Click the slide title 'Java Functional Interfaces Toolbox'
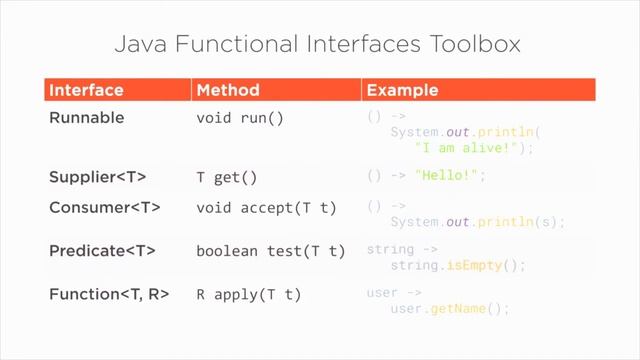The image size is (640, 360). point(319,44)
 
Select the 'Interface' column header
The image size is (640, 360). point(87,90)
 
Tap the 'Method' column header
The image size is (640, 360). point(228,90)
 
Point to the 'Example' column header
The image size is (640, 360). point(401,90)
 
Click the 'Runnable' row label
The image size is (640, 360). point(87,118)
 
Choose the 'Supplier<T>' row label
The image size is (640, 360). point(98,177)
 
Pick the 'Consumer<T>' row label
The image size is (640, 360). point(105,208)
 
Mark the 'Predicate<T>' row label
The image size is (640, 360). point(103,251)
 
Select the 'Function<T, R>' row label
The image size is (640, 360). point(109,295)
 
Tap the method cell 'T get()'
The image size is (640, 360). point(227,178)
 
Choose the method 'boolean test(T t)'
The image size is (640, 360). point(270,251)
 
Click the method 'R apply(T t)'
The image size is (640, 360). point(248,295)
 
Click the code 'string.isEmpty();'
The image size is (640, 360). point(458,266)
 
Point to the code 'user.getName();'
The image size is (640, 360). point(450,309)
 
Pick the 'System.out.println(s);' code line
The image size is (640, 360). point(477,222)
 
